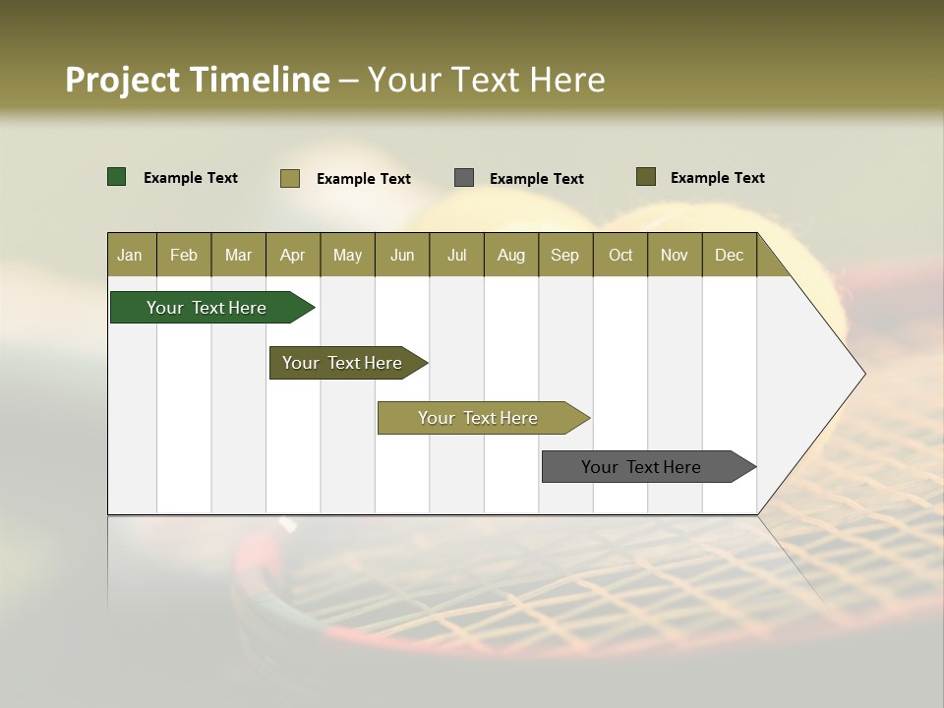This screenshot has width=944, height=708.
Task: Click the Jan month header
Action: [x=130, y=255]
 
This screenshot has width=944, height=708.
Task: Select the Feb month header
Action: [x=184, y=255]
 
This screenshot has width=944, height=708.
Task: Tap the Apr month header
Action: [x=292, y=255]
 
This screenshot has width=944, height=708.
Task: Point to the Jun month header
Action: [x=402, y=255]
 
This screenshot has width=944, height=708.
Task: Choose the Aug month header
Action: [x=510, y=255]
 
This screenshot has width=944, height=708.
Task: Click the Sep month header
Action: [x=564, y=255]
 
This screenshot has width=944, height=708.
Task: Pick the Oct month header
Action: [x=620, y=255]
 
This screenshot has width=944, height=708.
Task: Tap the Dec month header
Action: [x=729, y=255]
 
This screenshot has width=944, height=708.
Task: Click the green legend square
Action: [x=117, y=177]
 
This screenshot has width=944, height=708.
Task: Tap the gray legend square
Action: [x=464, y=177]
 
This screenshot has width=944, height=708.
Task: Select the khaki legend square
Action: [x=290, y=178]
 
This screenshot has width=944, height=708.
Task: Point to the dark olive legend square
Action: [x=645, y=177]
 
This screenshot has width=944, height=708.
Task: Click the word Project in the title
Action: [x=123, y=80]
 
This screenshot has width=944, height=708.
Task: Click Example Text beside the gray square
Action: [x=536, y=179]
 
